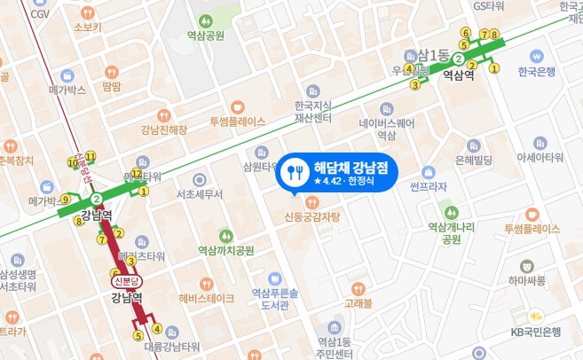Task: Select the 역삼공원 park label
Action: point(200,35)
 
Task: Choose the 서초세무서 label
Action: point(200,193)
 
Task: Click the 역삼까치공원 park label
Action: point(225,250)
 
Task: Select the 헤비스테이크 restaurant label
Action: point(206,298)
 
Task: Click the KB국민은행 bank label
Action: point(537,332)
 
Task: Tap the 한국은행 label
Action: point(537,71)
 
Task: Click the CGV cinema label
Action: point(39,14)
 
